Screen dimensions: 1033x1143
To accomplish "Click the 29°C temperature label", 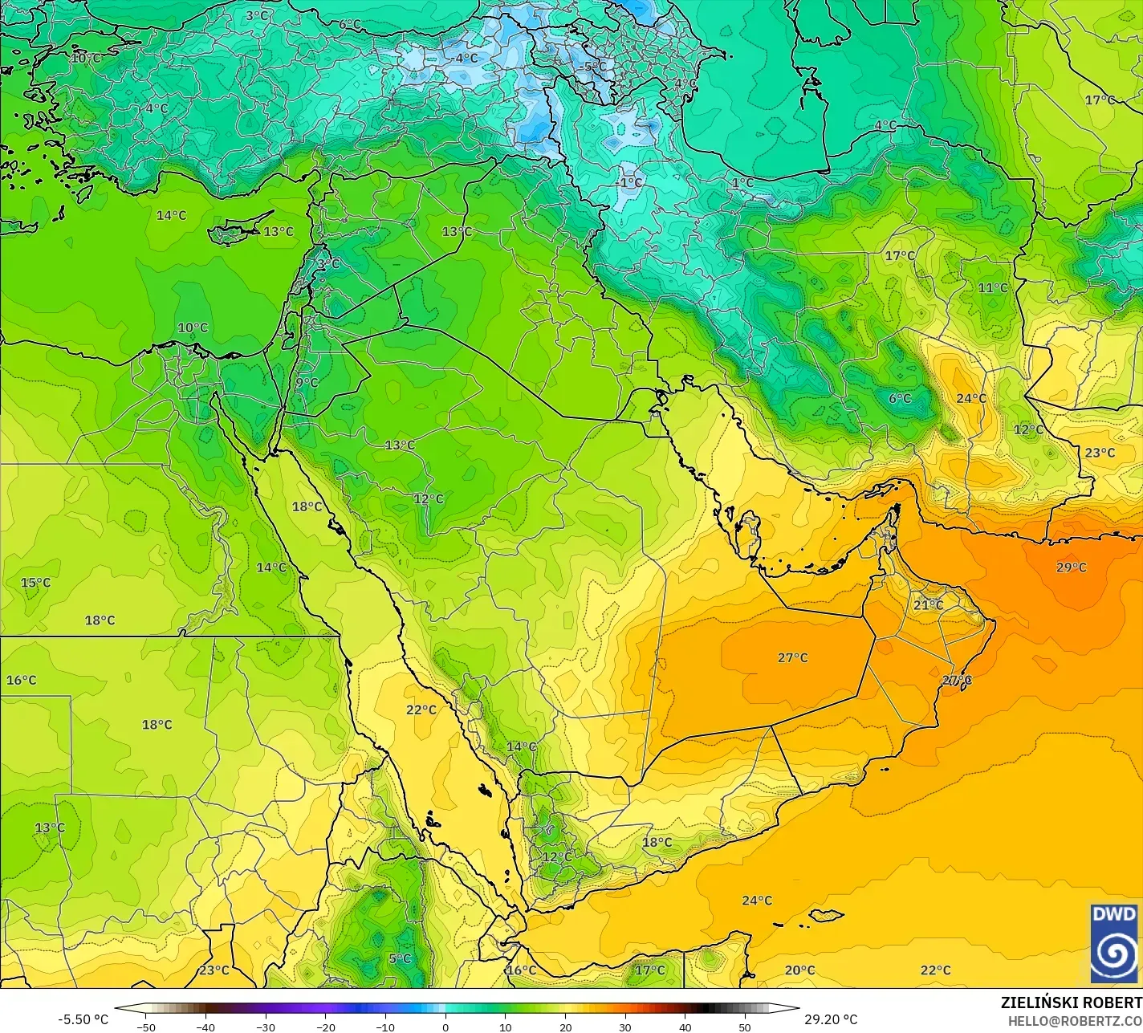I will tap(1071, 567).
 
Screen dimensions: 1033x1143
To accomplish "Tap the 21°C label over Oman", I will tap(928, 604).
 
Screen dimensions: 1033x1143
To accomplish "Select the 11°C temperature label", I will tap(992, 288).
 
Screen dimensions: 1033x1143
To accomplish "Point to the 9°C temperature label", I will tap(306, 383).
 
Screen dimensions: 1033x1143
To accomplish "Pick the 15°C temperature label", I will tap(35, 583).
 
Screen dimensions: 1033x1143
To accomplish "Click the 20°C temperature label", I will tap(799, 970).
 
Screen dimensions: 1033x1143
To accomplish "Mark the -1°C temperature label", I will tap(631, 182).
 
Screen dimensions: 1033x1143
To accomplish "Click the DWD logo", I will tap(1115, 942).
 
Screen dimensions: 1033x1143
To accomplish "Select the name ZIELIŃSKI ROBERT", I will tap(1071, 1002).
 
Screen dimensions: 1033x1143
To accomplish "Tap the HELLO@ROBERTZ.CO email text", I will tap(1075, 1020).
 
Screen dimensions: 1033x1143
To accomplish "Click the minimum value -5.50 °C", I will tap(83, 1019).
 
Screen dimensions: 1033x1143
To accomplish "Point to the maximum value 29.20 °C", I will tap(831, 1019).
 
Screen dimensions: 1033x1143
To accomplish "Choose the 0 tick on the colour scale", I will tap(445, 1027).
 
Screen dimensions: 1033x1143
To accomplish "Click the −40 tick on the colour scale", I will tap(205, 1027).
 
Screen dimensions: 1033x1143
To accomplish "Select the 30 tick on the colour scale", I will tap(625, 1027).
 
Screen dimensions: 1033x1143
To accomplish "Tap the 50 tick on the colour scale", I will tap(745, 1027).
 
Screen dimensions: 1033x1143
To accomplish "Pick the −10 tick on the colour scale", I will tap(385, 1027).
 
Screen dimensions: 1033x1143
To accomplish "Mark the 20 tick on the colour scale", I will tap(565, 1027).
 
